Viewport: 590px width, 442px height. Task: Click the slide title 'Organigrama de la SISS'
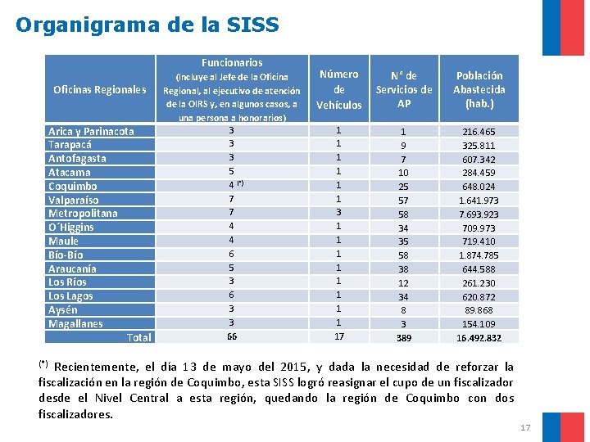tap(147, 25)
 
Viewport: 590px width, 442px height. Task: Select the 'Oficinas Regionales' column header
tap(99, 89)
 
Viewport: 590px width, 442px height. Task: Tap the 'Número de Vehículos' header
tap(338, 89)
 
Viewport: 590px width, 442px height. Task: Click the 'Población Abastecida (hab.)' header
tap(479, 89)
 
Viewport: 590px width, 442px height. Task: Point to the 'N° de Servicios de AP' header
tap(403, 89)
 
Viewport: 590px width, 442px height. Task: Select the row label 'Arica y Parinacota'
tap(90, 131)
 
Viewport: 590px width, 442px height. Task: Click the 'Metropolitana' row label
tap(83, 214)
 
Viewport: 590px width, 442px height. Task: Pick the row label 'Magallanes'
tap(75, 323)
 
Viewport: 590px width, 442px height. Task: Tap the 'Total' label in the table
tap(139, 337)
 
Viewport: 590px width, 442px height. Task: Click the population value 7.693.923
tap(479, 214)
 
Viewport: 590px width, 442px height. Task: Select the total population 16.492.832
tap(479, 337)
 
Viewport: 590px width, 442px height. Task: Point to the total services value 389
tap(403, 337)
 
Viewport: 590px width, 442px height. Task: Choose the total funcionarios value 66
tap(232, 336)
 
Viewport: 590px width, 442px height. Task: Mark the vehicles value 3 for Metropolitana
tap(338, 212)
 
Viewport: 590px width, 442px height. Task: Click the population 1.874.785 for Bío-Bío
tap(479, 255)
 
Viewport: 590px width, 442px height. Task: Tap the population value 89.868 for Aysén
tap(479, 310)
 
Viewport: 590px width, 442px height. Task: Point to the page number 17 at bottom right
tap(525, 427)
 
